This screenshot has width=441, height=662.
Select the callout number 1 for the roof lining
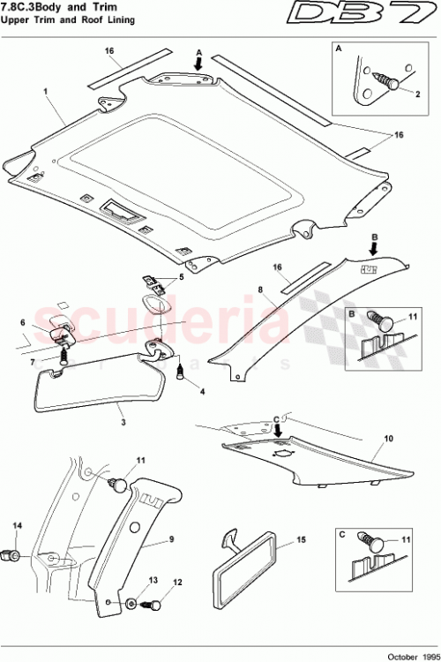pos(44,91)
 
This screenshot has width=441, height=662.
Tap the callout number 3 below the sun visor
pos(123,423)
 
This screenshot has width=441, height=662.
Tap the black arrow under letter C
pos(278,431)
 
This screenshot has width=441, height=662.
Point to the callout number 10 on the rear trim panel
pos(388,437)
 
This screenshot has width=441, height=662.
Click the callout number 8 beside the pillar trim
pos(261,288)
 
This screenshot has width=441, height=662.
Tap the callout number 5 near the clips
pos(183,277)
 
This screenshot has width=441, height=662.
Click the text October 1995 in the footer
pos(408,653)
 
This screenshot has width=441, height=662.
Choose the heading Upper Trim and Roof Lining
pos(67,20)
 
